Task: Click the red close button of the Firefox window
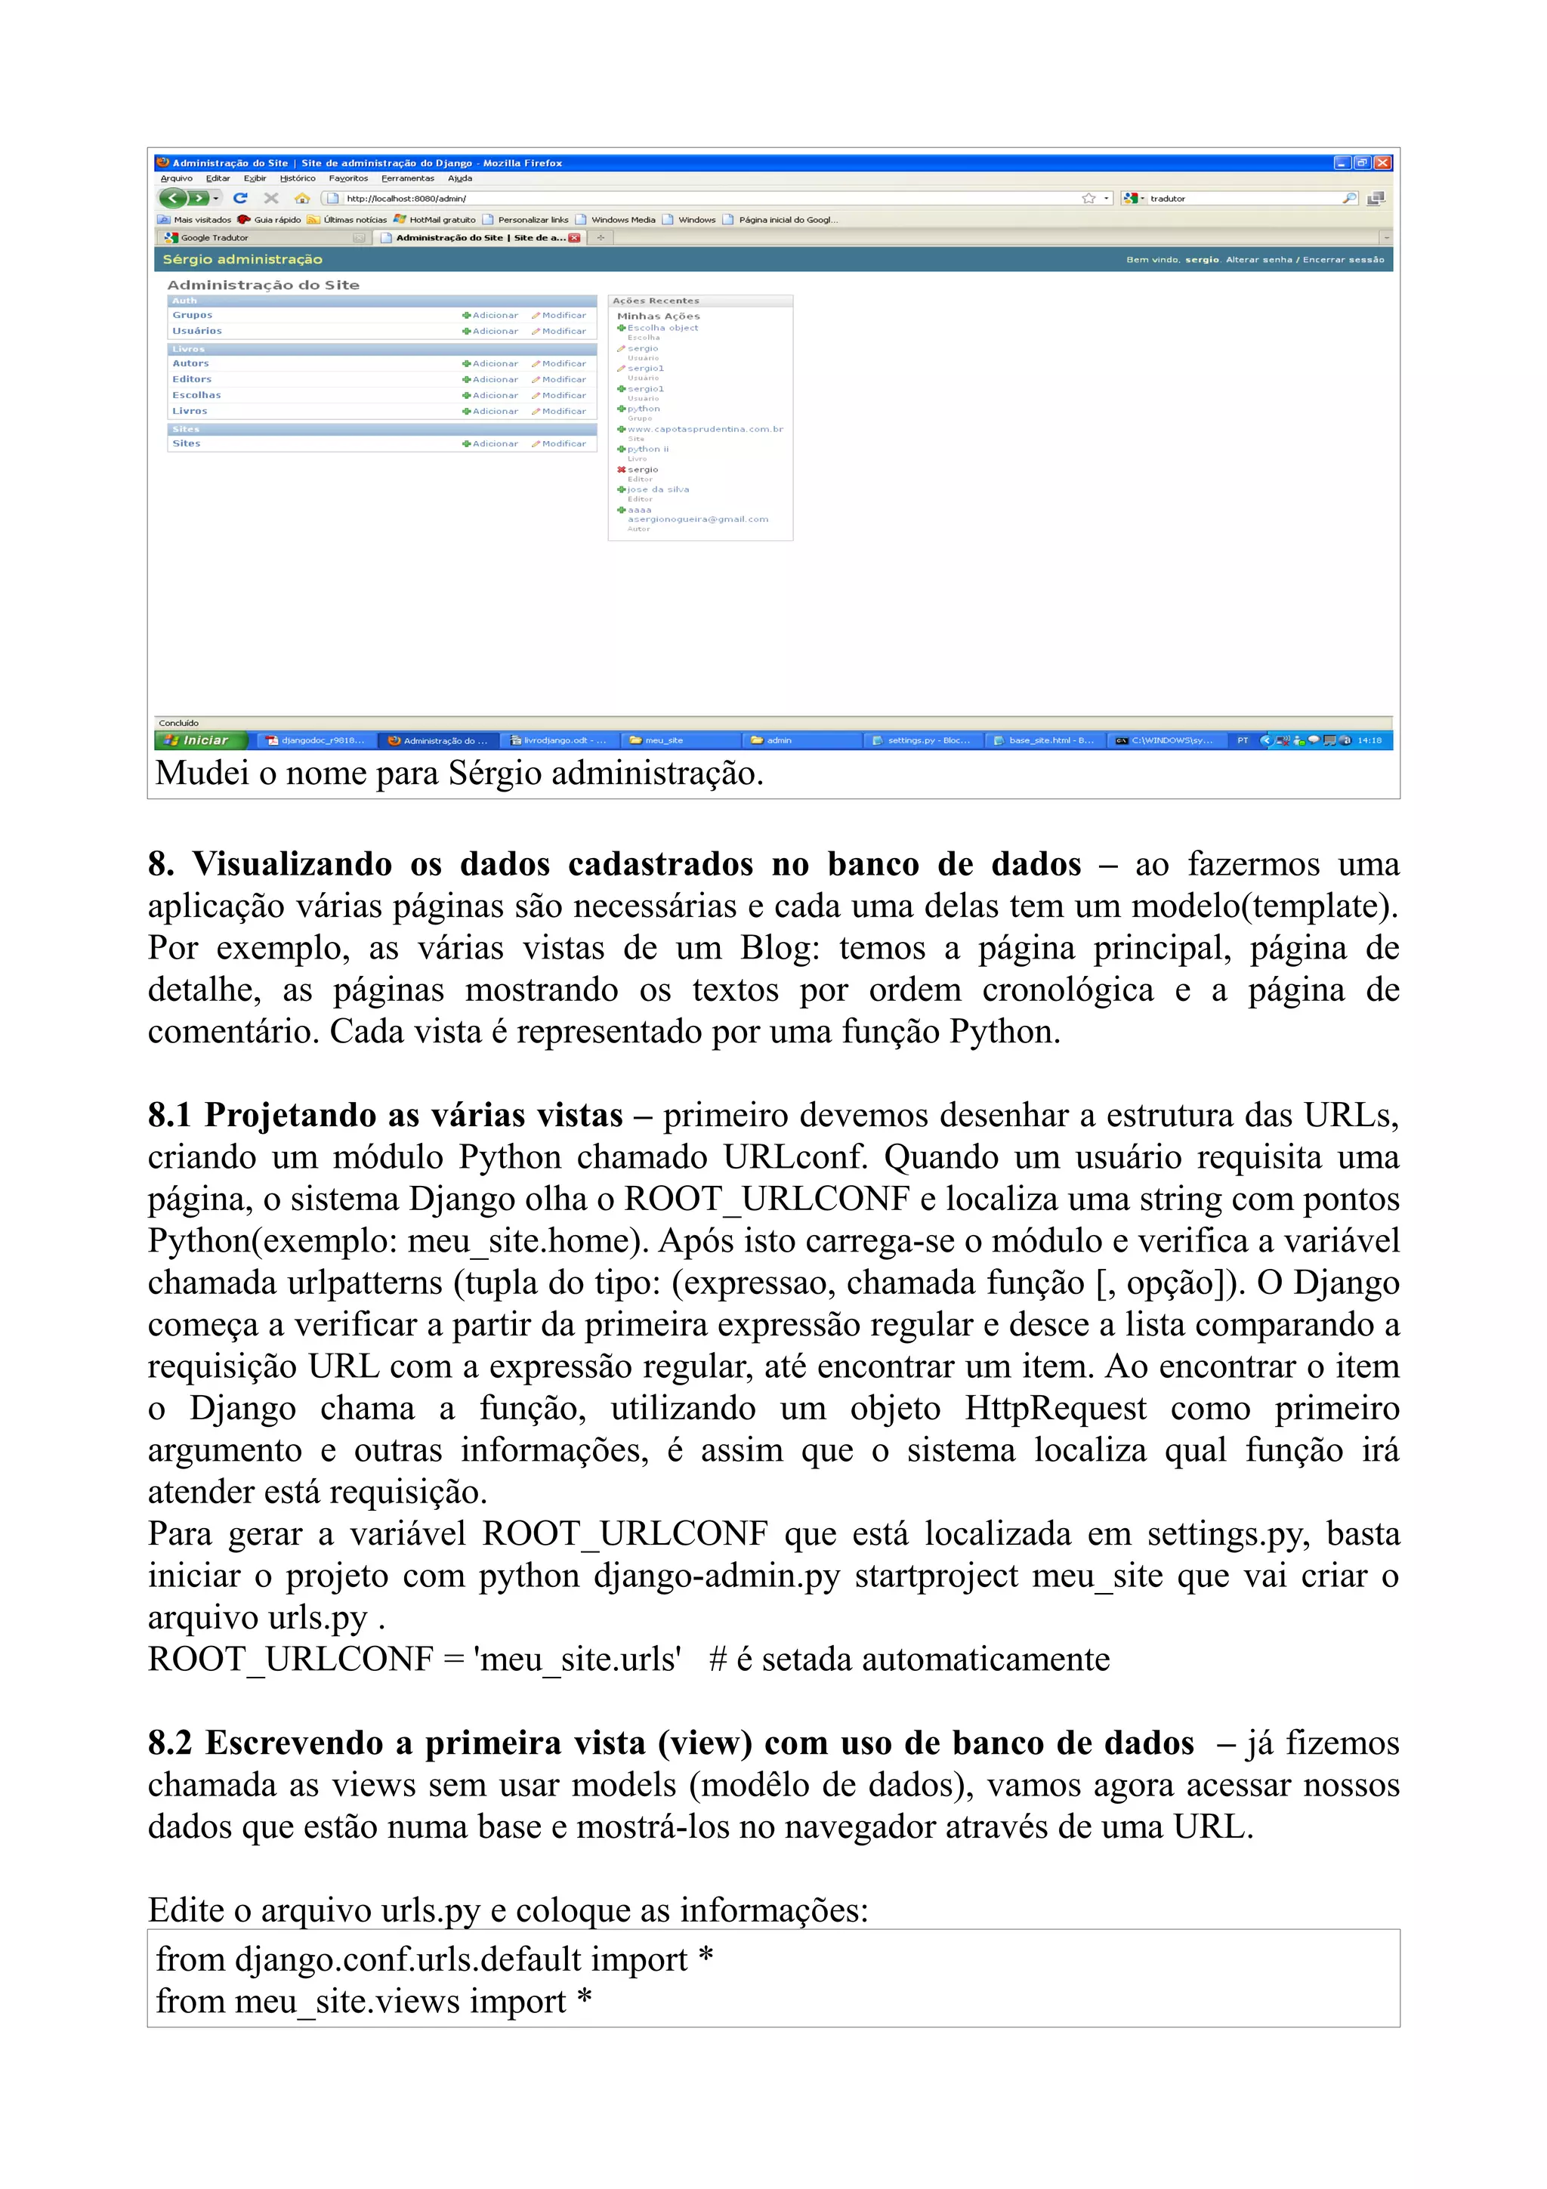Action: click(1382, 163)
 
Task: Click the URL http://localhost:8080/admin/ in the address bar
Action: click(406, 199)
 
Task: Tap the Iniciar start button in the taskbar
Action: click(201, 739)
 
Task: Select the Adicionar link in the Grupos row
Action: click(491, 316)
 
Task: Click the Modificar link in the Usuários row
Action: click(560, 332)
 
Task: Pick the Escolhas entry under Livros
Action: click(196, 395)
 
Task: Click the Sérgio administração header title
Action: click(242, 259)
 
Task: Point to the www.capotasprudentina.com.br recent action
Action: click(705, 429)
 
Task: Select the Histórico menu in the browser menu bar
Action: click(298, 178)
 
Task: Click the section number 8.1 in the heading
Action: click(170, 1115)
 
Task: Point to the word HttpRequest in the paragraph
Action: click(1055, 1408)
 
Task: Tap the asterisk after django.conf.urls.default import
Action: click(706, 1957)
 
